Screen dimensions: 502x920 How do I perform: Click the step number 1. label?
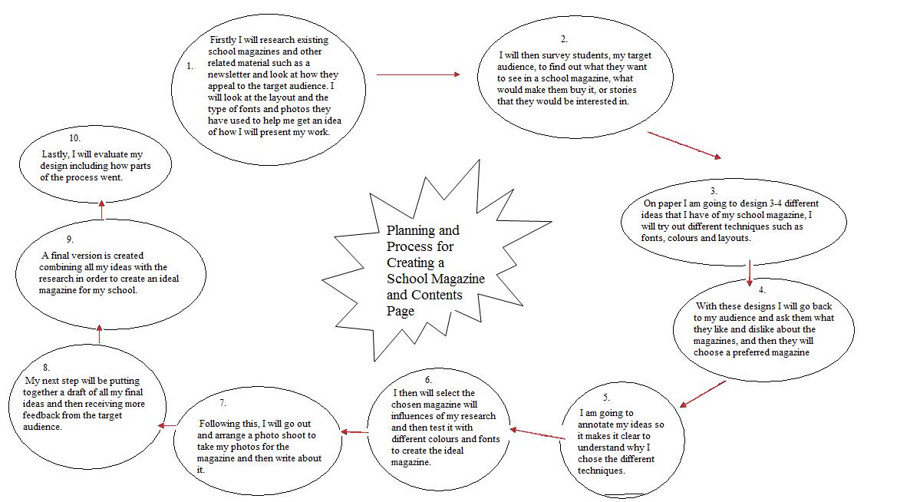point(190,66)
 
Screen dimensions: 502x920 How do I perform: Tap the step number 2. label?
point(564,38)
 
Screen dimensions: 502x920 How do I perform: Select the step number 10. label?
point(74,138)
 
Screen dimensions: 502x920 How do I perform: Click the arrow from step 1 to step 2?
point(418,74)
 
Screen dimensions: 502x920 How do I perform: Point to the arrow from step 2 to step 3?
point(684,145)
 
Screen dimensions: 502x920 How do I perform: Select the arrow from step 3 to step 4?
point(749,272)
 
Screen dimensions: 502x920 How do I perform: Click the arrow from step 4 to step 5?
point(702,393)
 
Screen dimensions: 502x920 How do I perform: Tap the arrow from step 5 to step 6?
point(537,434)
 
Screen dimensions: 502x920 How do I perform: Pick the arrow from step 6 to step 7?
point(355,432)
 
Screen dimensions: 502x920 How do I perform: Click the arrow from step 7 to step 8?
point(167,424)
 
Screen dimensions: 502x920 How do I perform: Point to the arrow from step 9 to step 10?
point(102,210)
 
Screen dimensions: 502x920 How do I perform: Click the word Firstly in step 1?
point(223,39)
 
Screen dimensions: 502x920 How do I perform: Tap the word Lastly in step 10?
point(55,154)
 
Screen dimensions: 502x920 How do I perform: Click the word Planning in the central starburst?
point(411,230)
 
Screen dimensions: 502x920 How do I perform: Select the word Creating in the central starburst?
point(411,263)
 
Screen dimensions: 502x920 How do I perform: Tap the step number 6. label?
point(428,380)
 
